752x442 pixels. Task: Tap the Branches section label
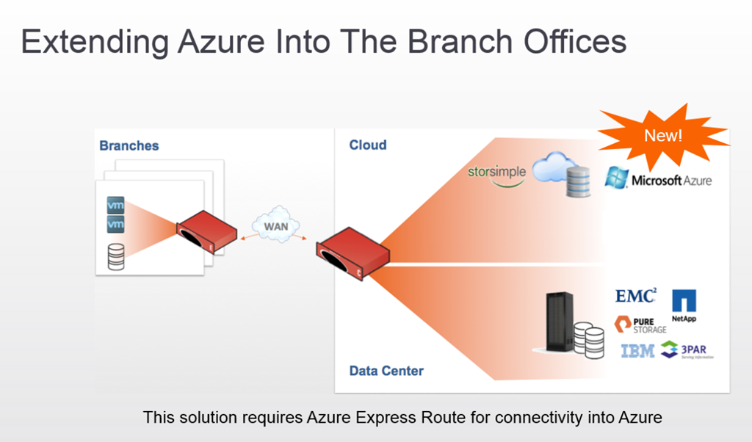coord(129,146)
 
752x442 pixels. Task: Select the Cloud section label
coord(368,145)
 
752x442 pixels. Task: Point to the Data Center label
coord(386,371)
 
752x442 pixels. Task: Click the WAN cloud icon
coord(276,225)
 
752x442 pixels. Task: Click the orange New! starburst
coord(663,135)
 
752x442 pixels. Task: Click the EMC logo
coord(635,296)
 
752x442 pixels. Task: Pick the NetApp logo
coord(684,305)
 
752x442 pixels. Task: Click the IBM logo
coord(637,351)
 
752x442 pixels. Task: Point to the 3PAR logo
coord(687,350)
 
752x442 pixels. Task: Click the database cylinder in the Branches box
coord(116,256)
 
